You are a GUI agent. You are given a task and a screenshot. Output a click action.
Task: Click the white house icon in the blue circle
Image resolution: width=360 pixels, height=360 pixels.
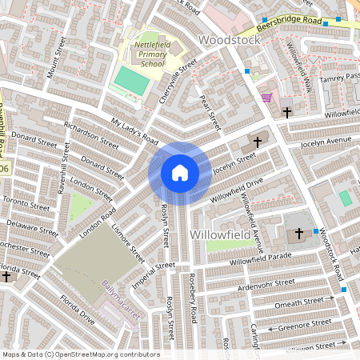click(180, 173)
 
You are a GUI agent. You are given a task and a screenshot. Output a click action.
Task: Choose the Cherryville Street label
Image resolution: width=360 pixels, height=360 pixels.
click(177, 81)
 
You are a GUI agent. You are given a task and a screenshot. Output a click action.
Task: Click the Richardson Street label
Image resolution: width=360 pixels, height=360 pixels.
click(91, 130)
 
